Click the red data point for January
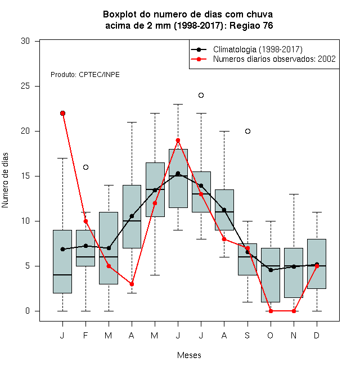click(62, 114)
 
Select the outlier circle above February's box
click(85, 168)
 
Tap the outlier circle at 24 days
click(201, 96)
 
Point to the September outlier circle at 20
click(247, 132)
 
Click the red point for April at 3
click(132, 284)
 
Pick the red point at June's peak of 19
click(178, 141)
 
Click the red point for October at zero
click(271, 311)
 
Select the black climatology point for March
click(109, 248)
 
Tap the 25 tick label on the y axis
click(25, 86)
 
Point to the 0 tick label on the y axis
click(28, 311)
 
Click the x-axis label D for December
click(317, 335)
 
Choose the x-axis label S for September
click(247, 335)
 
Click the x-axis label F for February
click(85, 335)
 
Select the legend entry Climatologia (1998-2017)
click(258, 49)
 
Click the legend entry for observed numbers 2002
click(274, 59)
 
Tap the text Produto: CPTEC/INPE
click(85, 75)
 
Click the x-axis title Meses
click(189, 355)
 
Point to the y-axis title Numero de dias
click(5, 180)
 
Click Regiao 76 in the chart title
click(251, 25)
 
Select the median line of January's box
click(62, 275)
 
